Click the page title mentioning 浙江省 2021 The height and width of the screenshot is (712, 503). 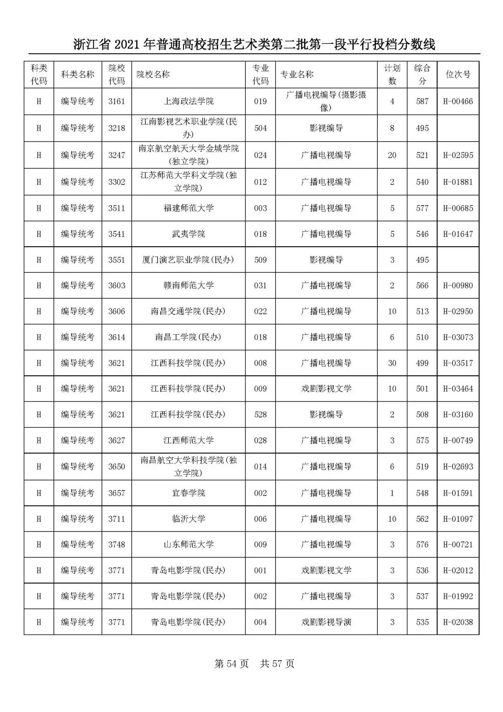tap(254, 45)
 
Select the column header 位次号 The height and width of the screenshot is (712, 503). tap(458, 75)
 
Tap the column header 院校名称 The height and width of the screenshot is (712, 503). tap(153, 75)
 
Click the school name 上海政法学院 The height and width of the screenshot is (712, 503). tap(188, 101)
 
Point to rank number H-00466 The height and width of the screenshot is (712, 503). tap(458, 101)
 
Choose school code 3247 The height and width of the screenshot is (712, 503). tap(116, 155)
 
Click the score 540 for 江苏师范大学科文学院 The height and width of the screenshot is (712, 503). tap(422, 182)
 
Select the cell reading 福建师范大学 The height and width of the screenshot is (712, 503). tap(188, 208)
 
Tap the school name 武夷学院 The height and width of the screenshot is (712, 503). tap(188, 234)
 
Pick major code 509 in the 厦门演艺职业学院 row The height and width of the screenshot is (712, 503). tap(260, 260)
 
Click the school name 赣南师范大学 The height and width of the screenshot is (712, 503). tap(188, 285)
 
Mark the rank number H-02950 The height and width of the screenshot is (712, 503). tap(458, 311)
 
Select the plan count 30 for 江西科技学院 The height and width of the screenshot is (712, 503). tap(392, 363)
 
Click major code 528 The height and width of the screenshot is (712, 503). tap(260, 415)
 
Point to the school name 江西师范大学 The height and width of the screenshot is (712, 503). tap(188, 440)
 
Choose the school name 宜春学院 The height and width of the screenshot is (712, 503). tap(188, 493)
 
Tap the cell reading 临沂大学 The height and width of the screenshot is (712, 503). tap(188, 519)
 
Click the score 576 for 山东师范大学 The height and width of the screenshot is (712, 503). tap(422, 545)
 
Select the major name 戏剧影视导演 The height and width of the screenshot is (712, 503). tap(326, 622)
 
